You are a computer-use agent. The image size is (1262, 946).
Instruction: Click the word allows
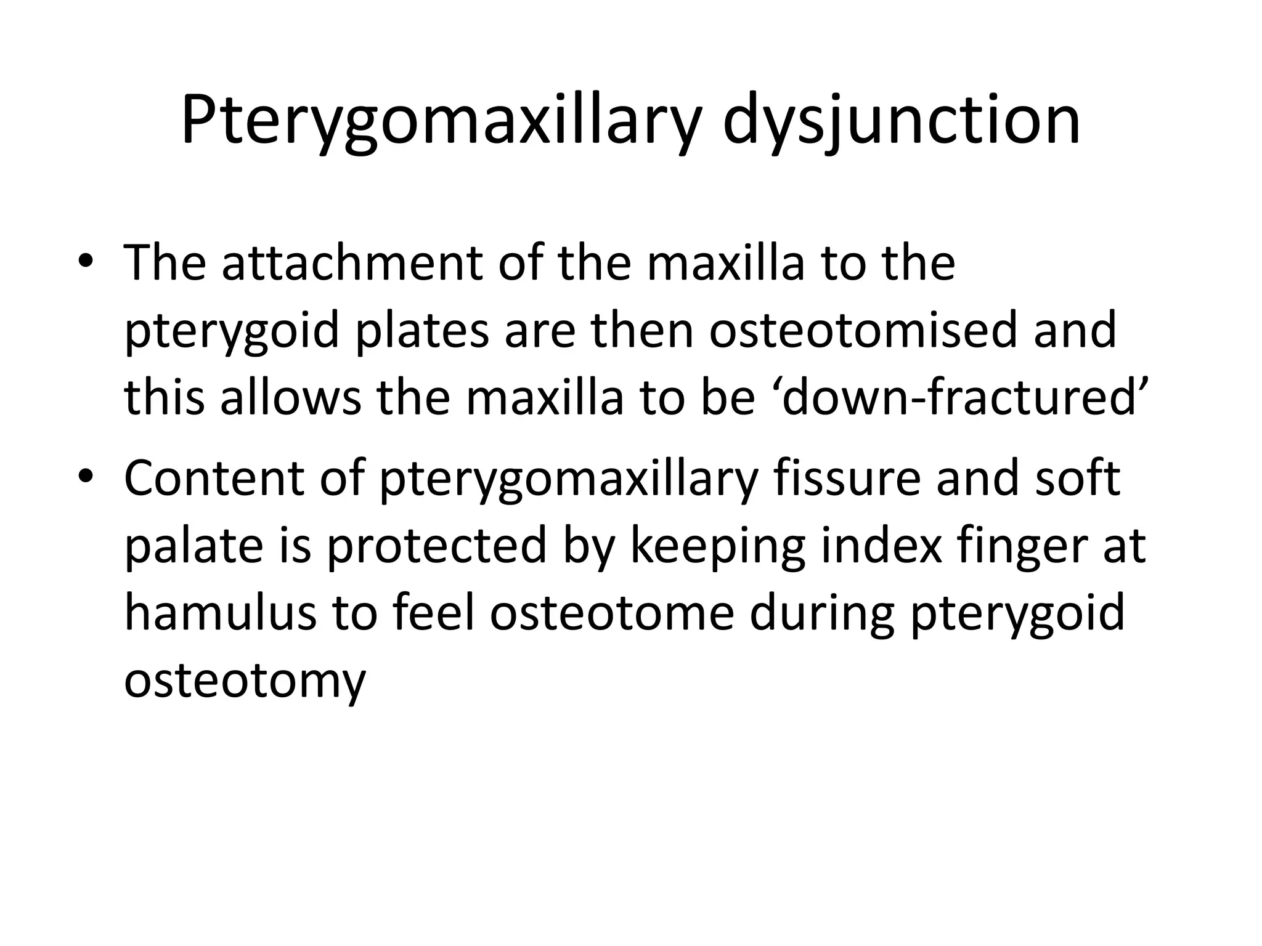coord(290,398)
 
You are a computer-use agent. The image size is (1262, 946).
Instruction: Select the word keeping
coord(717,547)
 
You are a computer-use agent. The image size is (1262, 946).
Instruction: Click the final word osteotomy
coord(245,682)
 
